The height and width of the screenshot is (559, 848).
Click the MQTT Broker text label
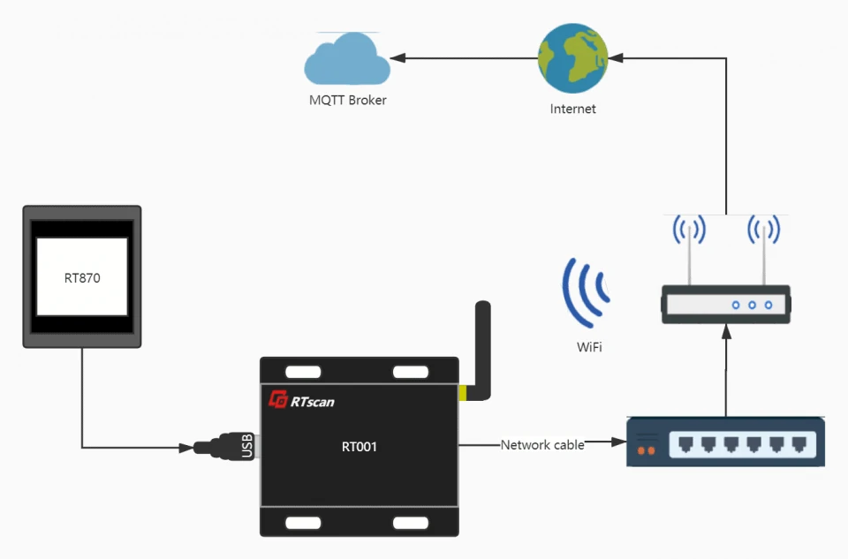tap(347, 101)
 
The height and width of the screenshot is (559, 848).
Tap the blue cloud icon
tap(346, 60)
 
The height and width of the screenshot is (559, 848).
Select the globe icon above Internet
tap(572, 58)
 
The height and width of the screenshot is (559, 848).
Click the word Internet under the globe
tap(572, 110)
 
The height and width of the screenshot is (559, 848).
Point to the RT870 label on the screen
tap(82, 277)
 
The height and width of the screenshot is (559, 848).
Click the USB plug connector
tap(226, 447)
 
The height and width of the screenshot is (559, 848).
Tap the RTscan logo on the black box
tap(302, 401)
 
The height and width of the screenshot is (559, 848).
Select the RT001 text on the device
tap(359, 447)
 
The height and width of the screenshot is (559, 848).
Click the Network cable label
tap(542, 445)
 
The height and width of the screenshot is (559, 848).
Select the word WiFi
tap(589, 348)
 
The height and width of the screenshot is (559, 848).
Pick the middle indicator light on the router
tap(752, 305)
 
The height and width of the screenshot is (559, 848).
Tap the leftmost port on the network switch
tap(685, 443)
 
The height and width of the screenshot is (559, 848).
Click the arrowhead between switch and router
tap(726, 332)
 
